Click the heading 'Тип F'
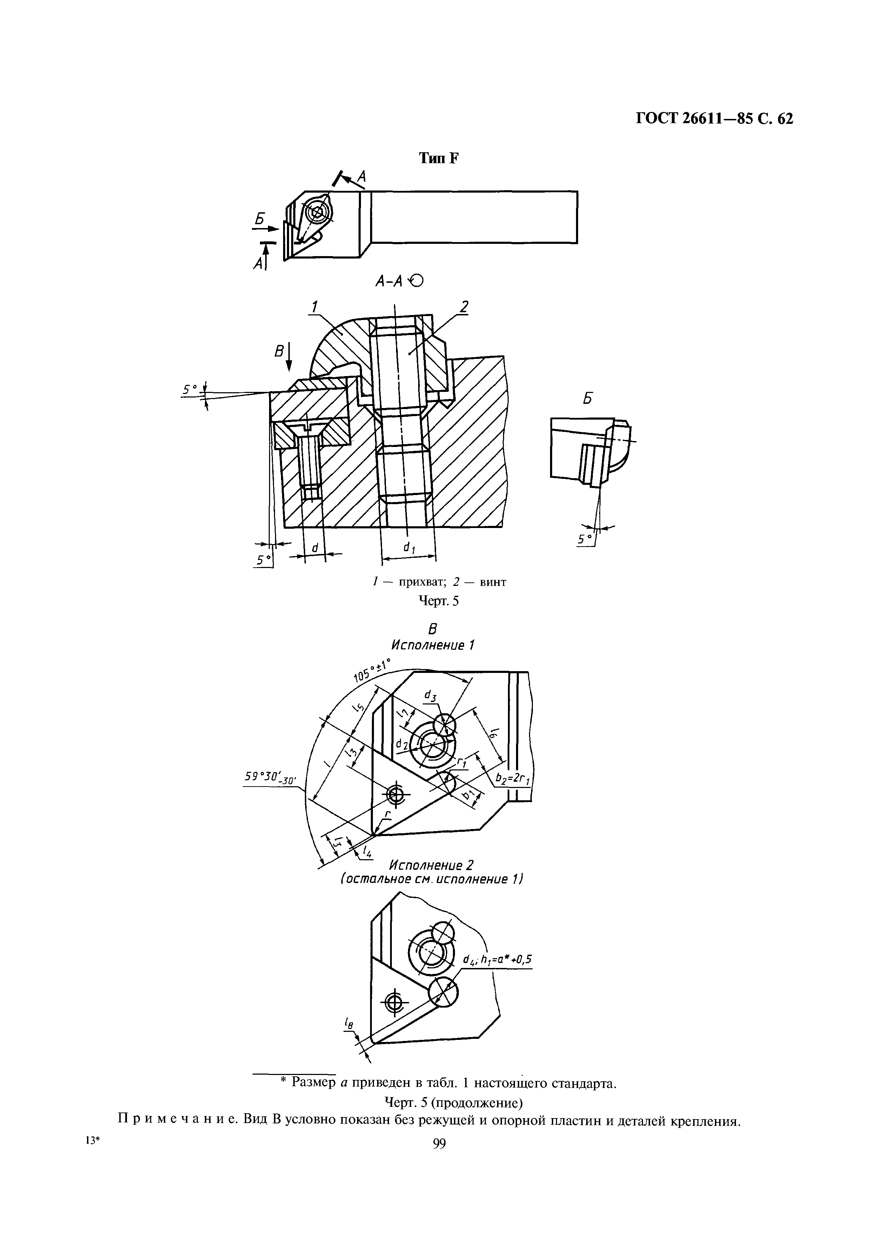tap(438, 159)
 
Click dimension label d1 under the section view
tap(409, 549)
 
